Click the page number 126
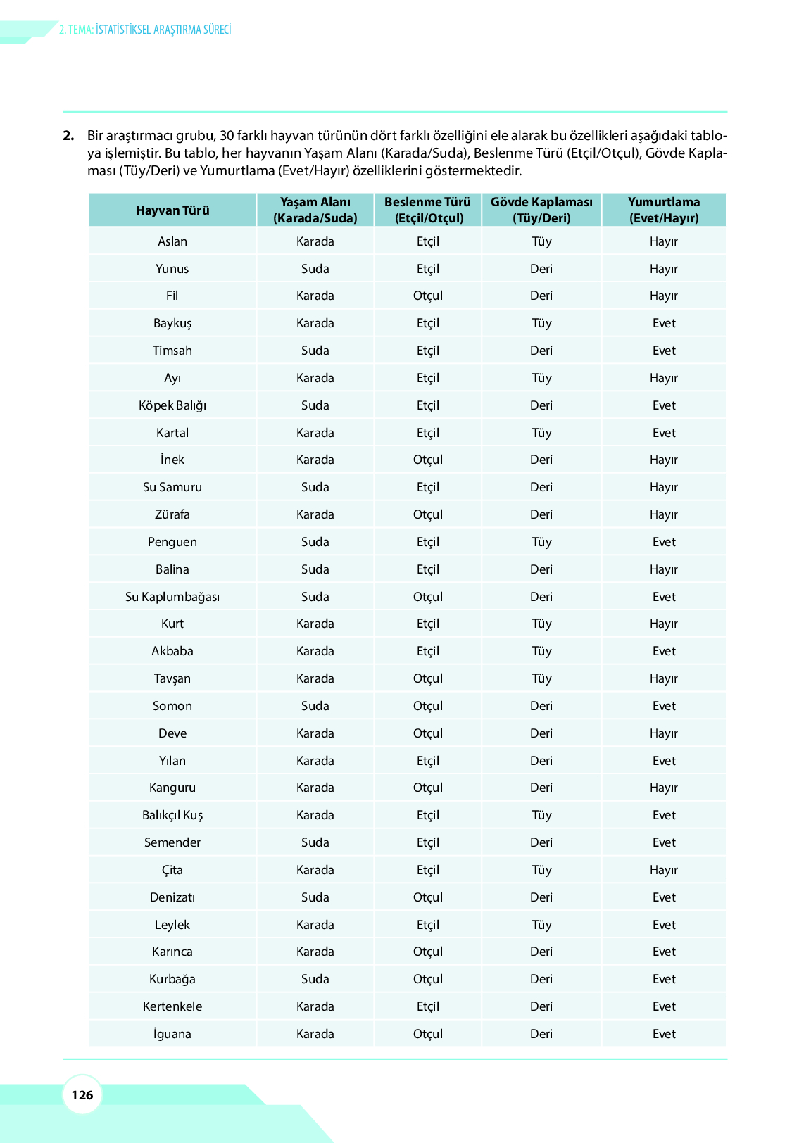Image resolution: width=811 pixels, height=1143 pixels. (x=82, y=1094)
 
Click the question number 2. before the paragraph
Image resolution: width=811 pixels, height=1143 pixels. (x=68, y=136)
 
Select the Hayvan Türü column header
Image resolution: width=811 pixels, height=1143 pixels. (x=172, y=210)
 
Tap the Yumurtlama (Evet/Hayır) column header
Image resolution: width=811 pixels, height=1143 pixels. (x=664, y=210)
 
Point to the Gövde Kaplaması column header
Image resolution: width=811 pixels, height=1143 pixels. (x=541, y=210)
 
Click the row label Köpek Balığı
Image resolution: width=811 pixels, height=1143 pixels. (x=172, y=405)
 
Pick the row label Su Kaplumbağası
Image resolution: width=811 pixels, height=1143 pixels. (x=172, y=597)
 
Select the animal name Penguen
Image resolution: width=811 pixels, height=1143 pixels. (x=172, y=542)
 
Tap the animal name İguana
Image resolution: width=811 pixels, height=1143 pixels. (x=172, y=1034)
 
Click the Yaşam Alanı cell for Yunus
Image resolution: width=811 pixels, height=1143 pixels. (x=315, y=269)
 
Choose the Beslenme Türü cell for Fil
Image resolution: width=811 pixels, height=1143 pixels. (x=428, y=296)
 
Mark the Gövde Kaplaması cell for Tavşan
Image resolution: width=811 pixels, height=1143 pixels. (x=541, y=678)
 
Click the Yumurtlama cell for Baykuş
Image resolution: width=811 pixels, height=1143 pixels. (x=664, y=323)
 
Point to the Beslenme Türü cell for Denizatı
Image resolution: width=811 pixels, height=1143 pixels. (x=428, y=897)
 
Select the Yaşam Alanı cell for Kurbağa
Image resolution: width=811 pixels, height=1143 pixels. (x=315, y=979)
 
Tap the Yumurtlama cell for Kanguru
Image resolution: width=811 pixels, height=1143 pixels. (x=664, y=788)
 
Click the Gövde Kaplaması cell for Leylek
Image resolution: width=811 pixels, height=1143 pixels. (x=541, y=925)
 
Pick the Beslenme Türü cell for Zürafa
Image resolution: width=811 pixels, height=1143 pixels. (x=428, y=514)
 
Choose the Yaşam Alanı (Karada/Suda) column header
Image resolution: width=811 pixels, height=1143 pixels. (x=315, y=210)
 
